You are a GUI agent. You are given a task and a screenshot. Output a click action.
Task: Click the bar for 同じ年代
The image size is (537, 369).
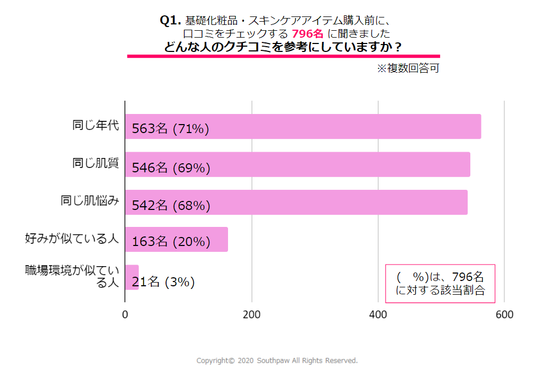(344, 127)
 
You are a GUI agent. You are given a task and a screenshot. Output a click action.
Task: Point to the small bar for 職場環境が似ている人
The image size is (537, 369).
(132, 277)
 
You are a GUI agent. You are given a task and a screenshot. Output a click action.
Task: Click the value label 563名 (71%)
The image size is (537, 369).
(171, 129)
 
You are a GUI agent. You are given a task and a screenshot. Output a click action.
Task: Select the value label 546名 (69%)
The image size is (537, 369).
(171, 168)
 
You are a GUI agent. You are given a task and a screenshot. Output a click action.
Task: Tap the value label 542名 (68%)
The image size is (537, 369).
(171, 206)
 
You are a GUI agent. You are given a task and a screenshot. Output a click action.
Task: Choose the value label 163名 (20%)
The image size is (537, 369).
(171, 242)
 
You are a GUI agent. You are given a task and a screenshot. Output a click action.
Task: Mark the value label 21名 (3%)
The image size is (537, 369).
(163, 283)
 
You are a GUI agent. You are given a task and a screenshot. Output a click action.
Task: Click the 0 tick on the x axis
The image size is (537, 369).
(125, 314)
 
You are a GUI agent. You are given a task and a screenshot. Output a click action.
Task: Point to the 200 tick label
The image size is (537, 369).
(251, 314)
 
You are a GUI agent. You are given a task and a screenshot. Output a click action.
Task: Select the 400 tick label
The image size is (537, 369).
(378, 314)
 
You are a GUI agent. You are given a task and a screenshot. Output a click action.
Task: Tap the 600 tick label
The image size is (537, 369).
(504, 314)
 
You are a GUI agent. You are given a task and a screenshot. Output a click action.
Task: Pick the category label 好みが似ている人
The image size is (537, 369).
(72, 239)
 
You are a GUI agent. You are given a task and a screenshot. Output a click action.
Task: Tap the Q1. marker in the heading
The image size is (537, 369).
(170, 20)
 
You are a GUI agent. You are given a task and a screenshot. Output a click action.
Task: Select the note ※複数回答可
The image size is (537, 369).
(407, 68)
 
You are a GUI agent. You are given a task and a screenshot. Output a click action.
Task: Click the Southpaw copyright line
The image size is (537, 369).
(277, 361)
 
